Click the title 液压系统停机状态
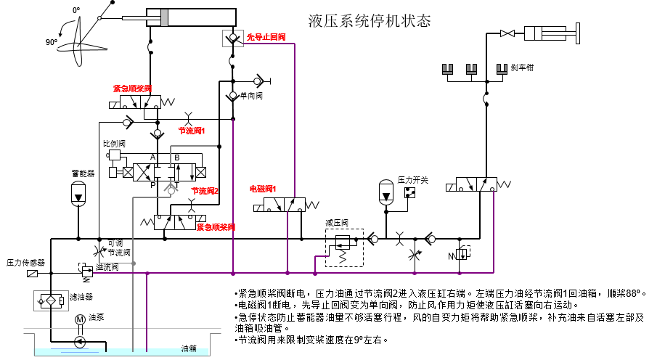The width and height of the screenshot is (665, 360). [x=370, y=20]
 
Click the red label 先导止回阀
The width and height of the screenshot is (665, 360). [x=266, y=37]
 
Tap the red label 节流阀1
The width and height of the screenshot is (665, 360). [x=192, y=131]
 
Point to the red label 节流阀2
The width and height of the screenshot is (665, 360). [x=205, y=191]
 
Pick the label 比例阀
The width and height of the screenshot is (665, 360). [x=114, y=143]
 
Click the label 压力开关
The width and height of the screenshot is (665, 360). [x=411, y=179]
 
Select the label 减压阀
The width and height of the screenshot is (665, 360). [x=338, y=222]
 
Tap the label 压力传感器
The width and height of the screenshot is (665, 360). [x=26, y=262]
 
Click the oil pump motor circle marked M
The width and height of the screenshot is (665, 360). [x=81, y=320]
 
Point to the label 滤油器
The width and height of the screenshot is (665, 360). [x=81, y=297]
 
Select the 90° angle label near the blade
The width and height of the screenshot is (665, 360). [x=51, y=42]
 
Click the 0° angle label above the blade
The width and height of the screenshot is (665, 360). [x=76, y=10]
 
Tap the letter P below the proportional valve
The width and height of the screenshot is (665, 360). [x=152, y=185]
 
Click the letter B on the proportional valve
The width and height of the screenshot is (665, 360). [x=176, y=157]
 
